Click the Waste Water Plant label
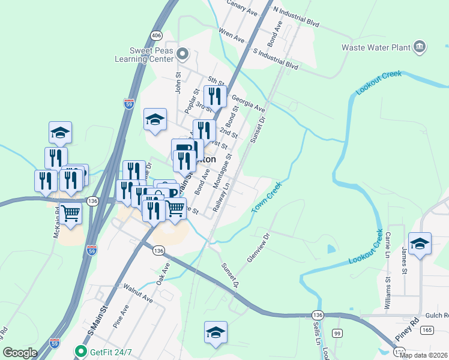point(375,47)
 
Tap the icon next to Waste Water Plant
point(420,47)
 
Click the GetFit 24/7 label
point(109,351)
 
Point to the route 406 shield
point(157,35)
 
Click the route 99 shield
point(337,333)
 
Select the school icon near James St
point(420,243)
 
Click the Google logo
point(20,353)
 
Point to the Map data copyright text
point(423,355)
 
